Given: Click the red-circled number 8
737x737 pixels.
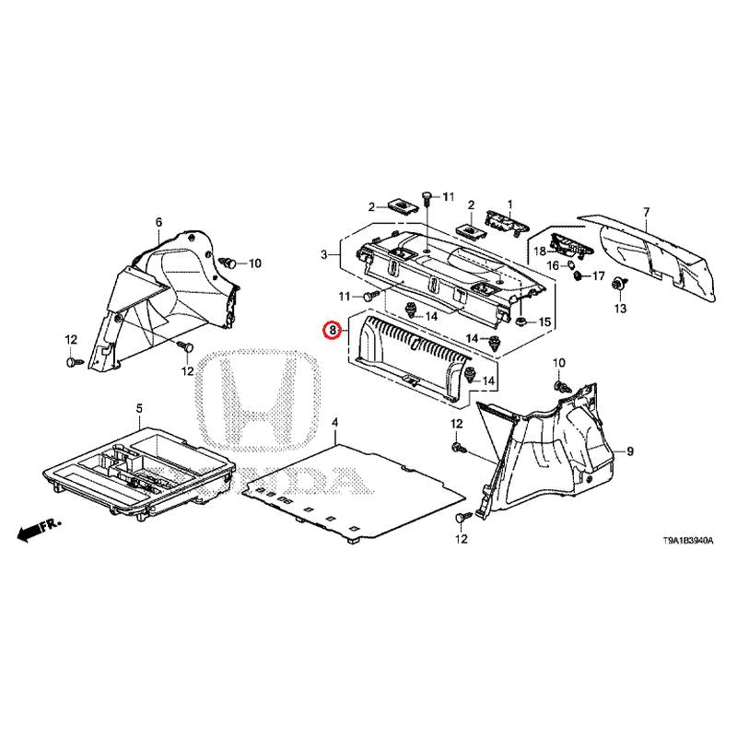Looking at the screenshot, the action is click(333, 330).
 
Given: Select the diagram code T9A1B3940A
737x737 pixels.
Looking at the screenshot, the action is click(688, 541).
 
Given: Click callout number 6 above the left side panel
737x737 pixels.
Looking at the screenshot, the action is click(158, 222).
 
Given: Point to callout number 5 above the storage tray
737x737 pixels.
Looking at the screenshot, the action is click(139, 408).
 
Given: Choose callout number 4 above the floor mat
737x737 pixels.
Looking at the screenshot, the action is click(334, 422).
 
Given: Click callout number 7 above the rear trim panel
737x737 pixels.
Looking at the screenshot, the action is click(647, 213).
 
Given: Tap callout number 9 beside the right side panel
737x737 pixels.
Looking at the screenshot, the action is click(630, 451).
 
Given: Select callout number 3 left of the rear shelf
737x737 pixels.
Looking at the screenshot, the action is click(324, 255).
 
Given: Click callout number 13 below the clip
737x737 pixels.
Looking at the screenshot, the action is click(620, 309).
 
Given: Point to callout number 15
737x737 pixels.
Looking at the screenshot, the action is click(544, 322).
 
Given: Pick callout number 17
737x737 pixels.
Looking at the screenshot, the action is click(598, 275).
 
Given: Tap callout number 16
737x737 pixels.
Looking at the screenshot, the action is click(554, 266).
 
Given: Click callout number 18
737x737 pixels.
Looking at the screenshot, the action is click(540, 251).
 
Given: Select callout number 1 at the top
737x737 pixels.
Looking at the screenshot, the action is click(510, 205).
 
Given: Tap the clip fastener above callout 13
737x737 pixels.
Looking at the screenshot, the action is click(619, 284).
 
